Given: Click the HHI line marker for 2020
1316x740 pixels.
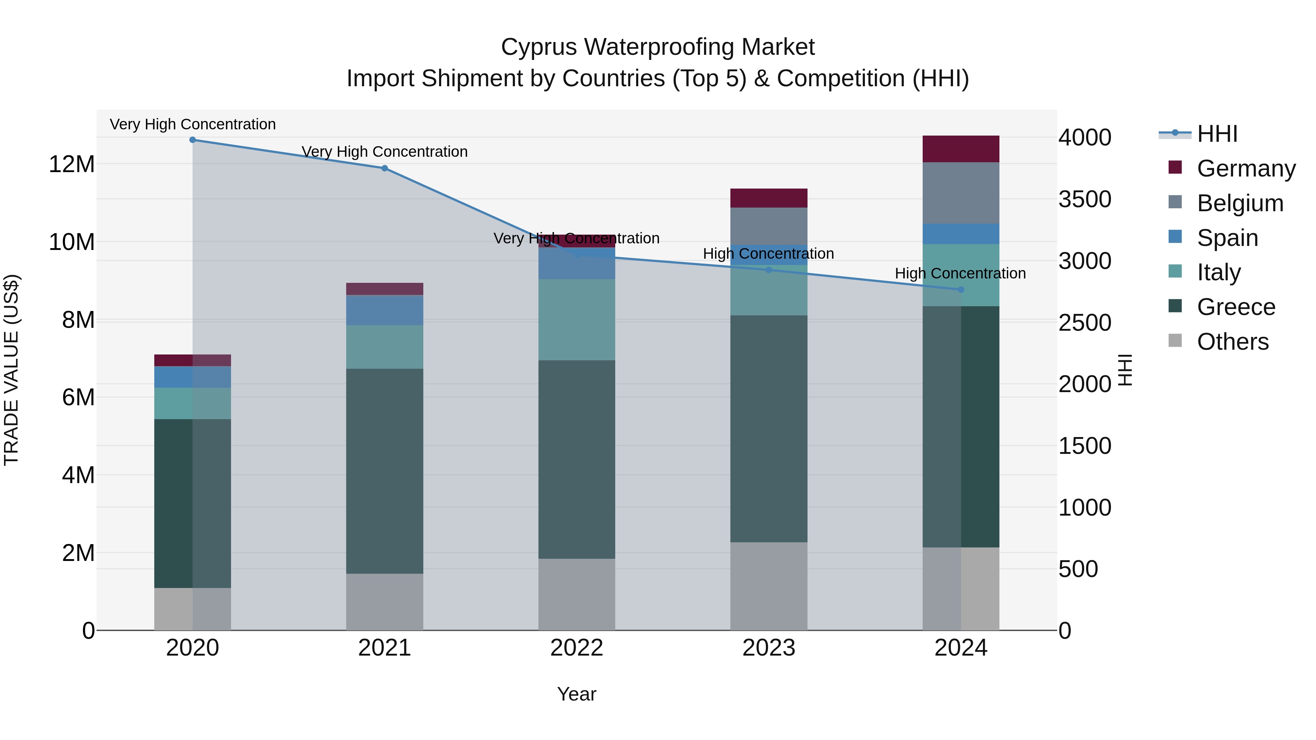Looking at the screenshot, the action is (193, 140).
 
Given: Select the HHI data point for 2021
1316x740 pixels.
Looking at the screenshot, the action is (385, 168).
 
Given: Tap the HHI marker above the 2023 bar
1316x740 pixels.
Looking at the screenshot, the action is (769, 270).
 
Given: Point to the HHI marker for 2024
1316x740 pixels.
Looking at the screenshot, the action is (961, 289).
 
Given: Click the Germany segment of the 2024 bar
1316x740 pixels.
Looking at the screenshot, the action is (961, 149).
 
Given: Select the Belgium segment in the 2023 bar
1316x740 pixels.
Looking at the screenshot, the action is (769, 226).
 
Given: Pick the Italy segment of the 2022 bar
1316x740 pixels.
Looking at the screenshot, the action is (577, 320).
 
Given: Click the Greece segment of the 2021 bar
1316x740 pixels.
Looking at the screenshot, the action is (385, 471).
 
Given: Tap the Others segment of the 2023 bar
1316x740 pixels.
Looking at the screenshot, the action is (769, 586).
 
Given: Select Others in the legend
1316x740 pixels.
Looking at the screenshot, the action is (1219, 341).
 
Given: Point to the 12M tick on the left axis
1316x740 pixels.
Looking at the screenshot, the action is (72, 164).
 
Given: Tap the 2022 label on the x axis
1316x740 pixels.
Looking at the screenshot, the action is (577, 648).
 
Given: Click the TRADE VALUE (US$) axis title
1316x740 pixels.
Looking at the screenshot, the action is (11, 370).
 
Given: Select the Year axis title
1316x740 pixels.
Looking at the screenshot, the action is (577, 694).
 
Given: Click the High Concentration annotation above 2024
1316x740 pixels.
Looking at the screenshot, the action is (960, 273).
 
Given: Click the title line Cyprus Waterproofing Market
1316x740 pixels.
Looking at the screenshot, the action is (658, 47).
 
